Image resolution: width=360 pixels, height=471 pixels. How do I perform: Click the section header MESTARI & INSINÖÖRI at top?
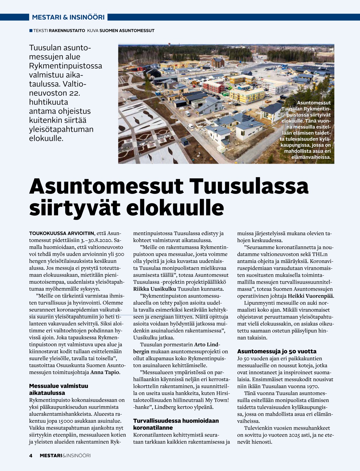point(68,17)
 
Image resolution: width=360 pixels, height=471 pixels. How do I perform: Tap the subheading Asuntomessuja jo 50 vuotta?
point(276,351)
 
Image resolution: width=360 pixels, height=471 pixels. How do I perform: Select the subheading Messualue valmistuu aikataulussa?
point(59,389)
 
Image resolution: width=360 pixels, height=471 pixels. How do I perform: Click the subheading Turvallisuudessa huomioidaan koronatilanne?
point(176,424)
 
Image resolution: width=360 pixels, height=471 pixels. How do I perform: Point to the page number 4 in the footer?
point(31,455)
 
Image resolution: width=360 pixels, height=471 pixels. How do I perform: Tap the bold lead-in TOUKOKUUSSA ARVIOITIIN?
point(62,233)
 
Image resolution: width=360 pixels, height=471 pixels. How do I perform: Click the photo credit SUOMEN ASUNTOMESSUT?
point(127,31)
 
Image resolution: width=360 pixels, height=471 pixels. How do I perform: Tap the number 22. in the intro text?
point(72,93)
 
